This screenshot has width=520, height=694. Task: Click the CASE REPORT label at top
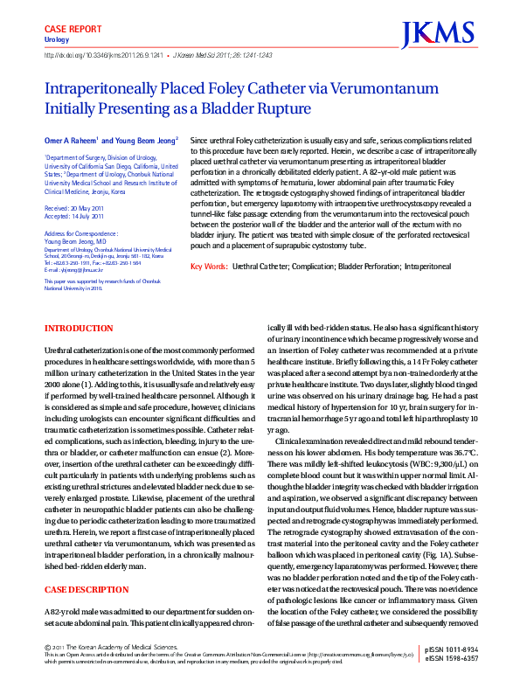(x=73, y=30)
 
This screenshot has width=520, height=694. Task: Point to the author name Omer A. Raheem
(x=72, y=140)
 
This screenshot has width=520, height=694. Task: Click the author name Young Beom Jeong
(x=146, y=140)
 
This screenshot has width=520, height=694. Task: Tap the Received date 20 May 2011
(x=85, y=208)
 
